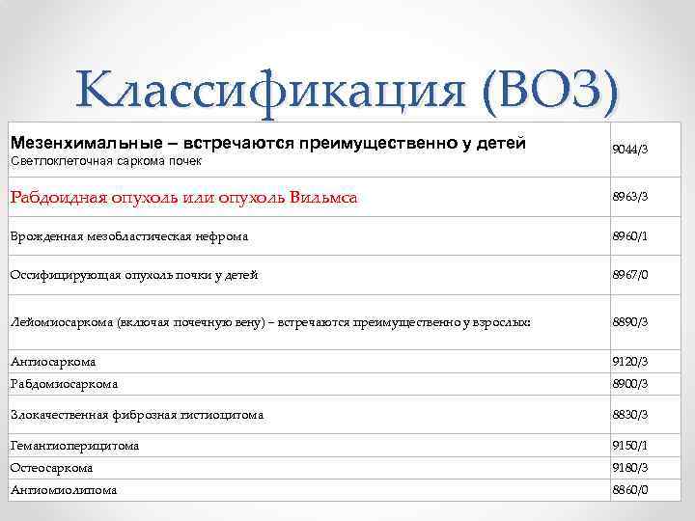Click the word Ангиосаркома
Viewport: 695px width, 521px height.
53,362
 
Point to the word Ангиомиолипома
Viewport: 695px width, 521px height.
63,489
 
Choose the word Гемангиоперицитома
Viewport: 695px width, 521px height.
74,446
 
